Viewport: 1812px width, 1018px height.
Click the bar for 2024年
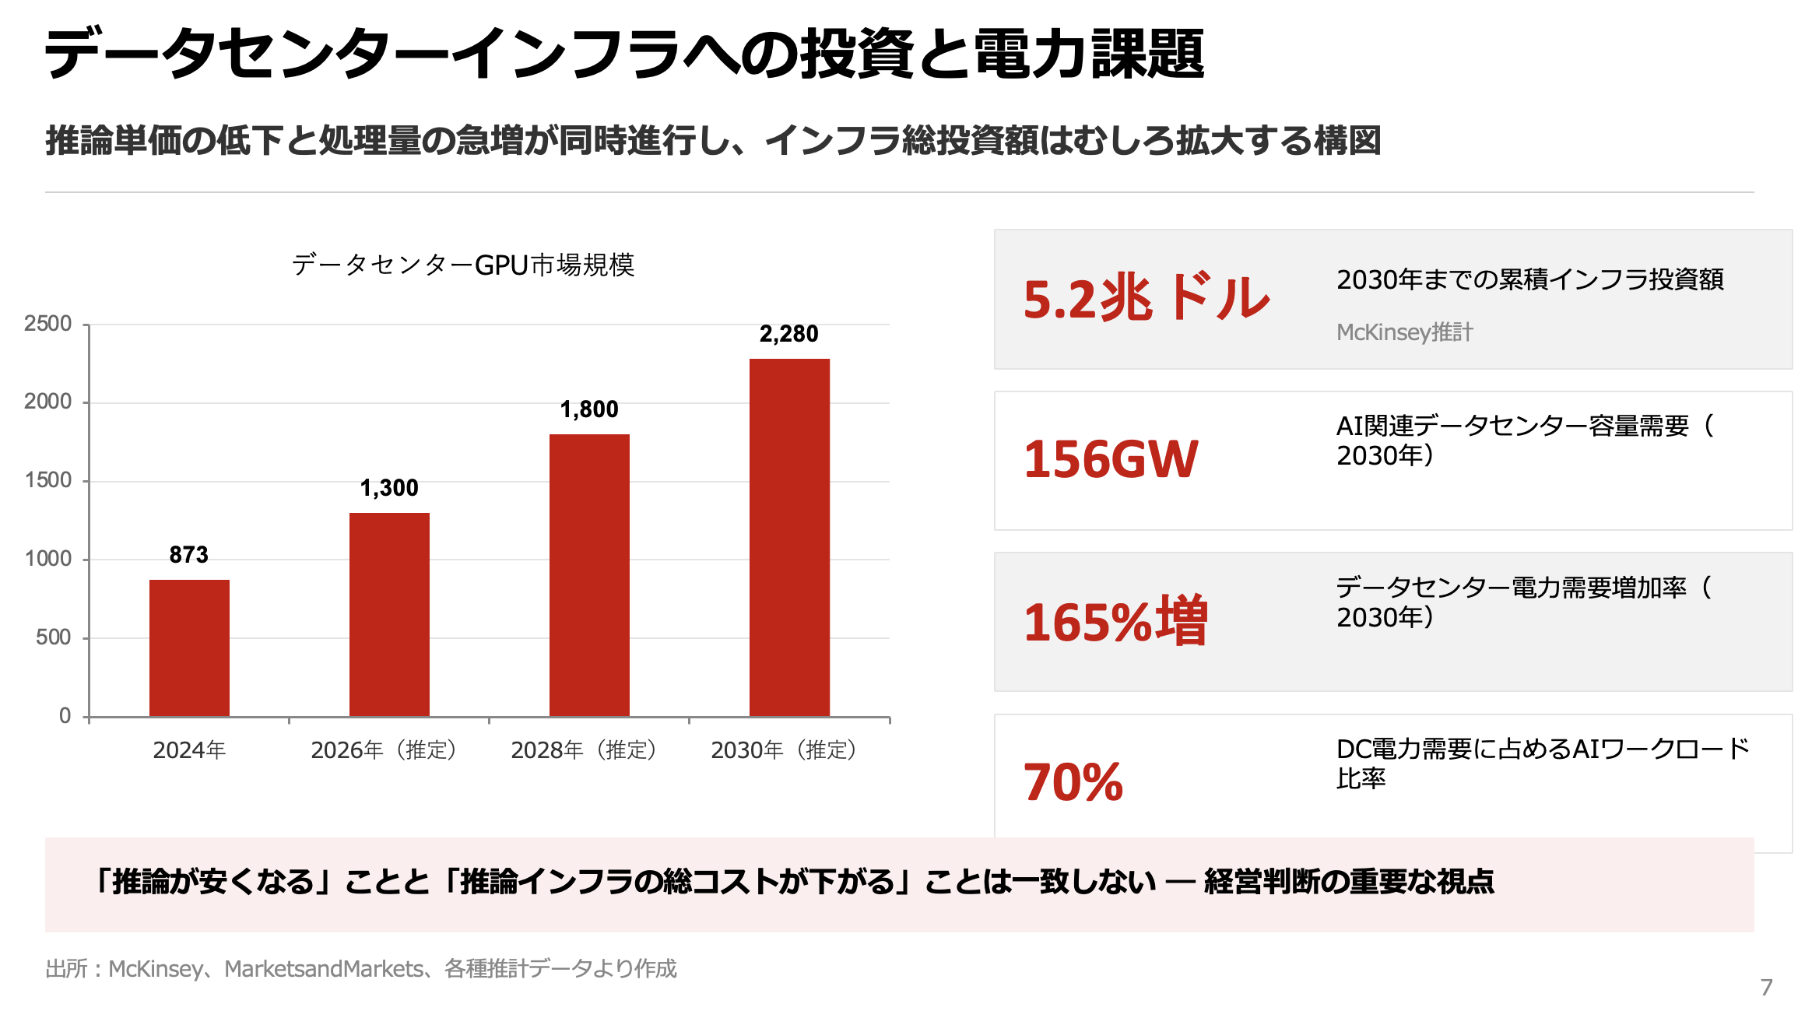189,648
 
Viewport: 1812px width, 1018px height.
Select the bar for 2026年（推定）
389,614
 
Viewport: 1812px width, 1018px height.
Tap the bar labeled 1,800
589,575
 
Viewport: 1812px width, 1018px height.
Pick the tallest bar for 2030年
789,537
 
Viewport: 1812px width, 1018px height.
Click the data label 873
189,555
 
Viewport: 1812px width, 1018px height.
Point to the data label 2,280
788,334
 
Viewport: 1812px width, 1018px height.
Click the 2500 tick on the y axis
48,324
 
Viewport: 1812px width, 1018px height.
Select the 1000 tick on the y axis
48,559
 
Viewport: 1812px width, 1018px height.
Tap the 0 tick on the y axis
65,716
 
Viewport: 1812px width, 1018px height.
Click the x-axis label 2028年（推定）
584,750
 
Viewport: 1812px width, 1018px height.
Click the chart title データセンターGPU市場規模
463,265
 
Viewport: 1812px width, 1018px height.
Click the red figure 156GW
1111,459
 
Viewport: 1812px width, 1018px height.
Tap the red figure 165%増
1115,622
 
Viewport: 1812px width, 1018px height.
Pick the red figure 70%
1073,782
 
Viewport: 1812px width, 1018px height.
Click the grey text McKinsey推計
1404,332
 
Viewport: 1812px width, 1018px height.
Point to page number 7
1766,988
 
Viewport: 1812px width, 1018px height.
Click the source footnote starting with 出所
361,969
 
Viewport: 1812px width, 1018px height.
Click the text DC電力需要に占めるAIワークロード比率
1541,763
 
